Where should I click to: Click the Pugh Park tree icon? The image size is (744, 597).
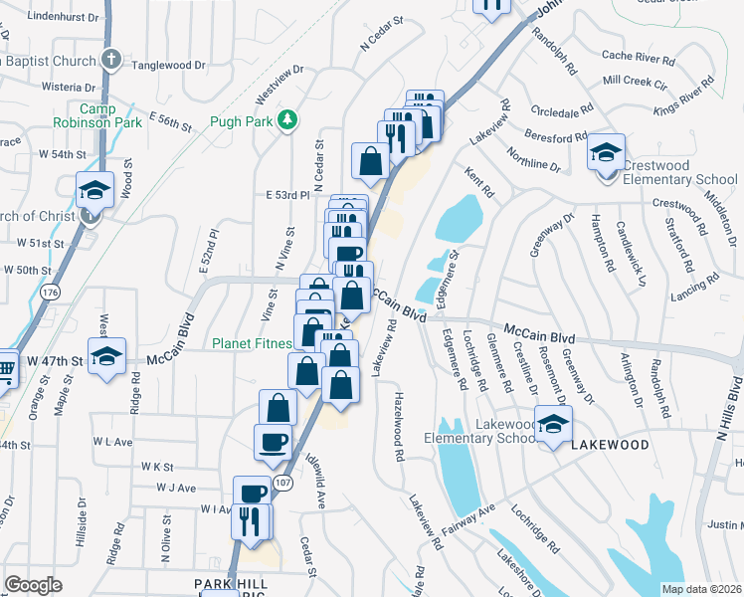[288, 120]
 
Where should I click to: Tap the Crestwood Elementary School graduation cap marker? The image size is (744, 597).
[605, 154]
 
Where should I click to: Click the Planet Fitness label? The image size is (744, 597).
[252, 344]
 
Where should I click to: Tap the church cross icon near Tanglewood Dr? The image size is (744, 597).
[111, 60]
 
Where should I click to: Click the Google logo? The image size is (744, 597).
[33, 585]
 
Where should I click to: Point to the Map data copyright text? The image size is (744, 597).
[701, 589]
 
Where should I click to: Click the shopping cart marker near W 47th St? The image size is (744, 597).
[5, 368]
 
